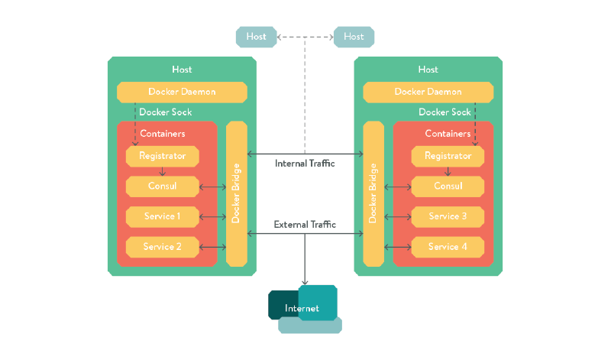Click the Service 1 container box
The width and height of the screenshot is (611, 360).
[x=162, y=216]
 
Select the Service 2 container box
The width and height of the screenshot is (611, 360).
[x=162, y=247]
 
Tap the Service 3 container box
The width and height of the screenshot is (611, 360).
[x=448, y=216]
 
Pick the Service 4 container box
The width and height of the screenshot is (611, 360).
[x=448, y=247]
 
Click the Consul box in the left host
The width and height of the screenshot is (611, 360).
[x=162, y=186]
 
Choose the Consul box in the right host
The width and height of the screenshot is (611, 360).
[x=448, y=186]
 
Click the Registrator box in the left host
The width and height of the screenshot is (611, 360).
[x=162, y=156]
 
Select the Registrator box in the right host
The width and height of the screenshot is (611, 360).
[x=448, y=156]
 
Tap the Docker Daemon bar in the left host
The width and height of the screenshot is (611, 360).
[x=182, y=92]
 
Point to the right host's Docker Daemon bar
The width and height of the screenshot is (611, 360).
[x=428, y=92]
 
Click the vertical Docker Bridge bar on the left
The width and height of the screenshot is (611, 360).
[x=237, y=193]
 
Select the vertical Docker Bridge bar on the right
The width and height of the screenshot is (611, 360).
[x=373, y=193]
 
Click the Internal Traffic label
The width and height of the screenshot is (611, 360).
[x=305, y=163]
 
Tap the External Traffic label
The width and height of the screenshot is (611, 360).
[x=305, y=225]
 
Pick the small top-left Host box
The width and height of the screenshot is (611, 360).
[x=256, y=36]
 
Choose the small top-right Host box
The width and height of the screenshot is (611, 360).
[x=354, y=36]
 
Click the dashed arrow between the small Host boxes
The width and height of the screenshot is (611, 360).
[x=305, y=36]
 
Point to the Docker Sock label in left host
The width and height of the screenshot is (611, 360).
[x=165, y=112]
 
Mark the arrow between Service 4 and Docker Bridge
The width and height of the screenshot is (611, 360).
[x=397, y=247]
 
